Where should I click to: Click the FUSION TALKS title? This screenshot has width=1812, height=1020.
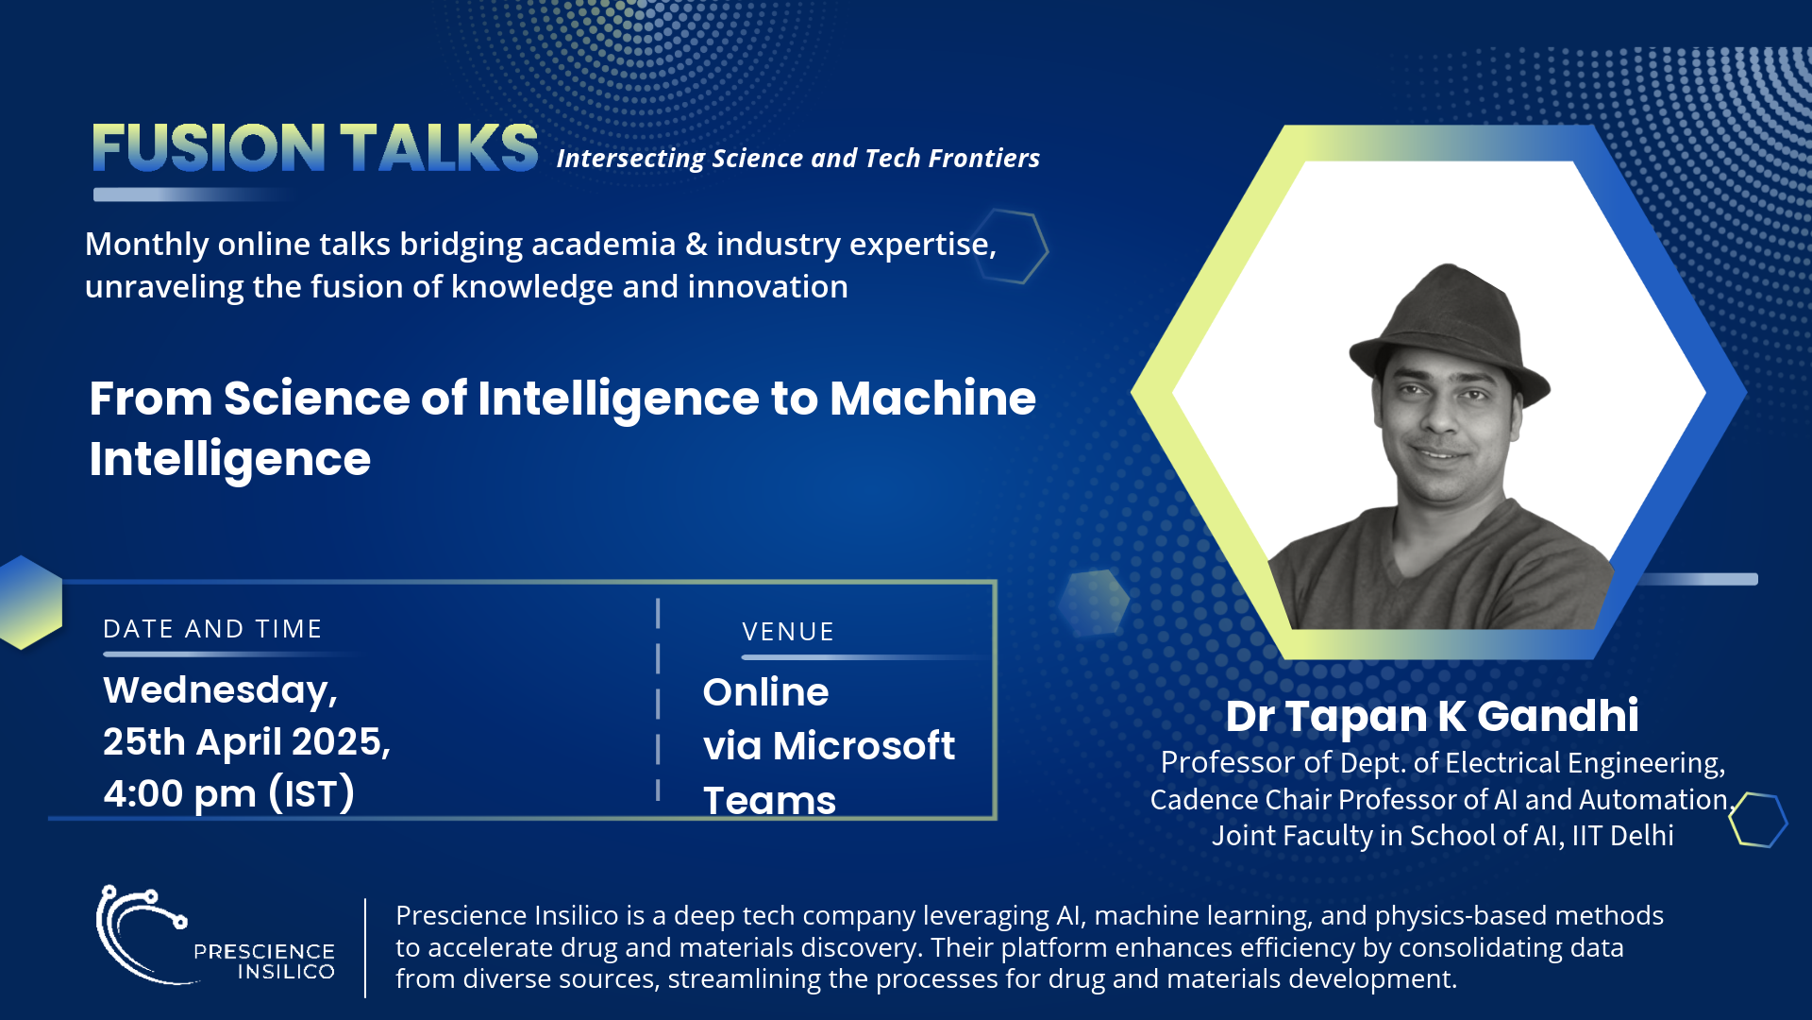pyautogui.click(x=315, y=147)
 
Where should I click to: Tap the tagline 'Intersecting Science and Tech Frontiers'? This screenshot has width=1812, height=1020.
pyautogui.click(x=798, y=158)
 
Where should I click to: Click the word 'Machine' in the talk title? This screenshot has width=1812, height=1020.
pyautogui.click(x=932, y=398)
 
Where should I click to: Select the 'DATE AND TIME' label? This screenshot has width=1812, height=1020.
pyautogui.click(x=212, y=629)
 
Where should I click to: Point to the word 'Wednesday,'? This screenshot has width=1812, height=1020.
pyautogui.click(x=220, y=691)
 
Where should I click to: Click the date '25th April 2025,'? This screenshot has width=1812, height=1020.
pyautogui.click(x=246, y=742)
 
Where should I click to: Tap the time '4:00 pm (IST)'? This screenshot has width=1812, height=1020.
pyautogui.click(x=228, y=793)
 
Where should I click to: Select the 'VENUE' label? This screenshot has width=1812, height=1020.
pyautogui.click(x=788, y=632)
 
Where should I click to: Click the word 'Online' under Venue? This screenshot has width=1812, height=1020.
pyautogui.click(x=765, y=692)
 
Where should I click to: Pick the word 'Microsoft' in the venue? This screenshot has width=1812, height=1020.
pyautogui.click(x=864, y=746)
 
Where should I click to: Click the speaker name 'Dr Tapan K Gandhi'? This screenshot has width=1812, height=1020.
pyautogui.click(x=1432, y=716)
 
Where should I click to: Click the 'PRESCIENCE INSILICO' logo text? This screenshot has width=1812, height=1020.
pyautogui.click(x=264, y=961)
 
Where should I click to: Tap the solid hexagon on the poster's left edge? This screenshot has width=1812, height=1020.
pyautogui.click(x=31, y=602)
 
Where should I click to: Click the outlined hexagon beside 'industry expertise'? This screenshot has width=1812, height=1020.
pyautogui.click(x=1011, y=246)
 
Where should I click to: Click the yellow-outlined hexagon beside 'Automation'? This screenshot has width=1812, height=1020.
pyautogui.click(x=1758, y=819)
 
